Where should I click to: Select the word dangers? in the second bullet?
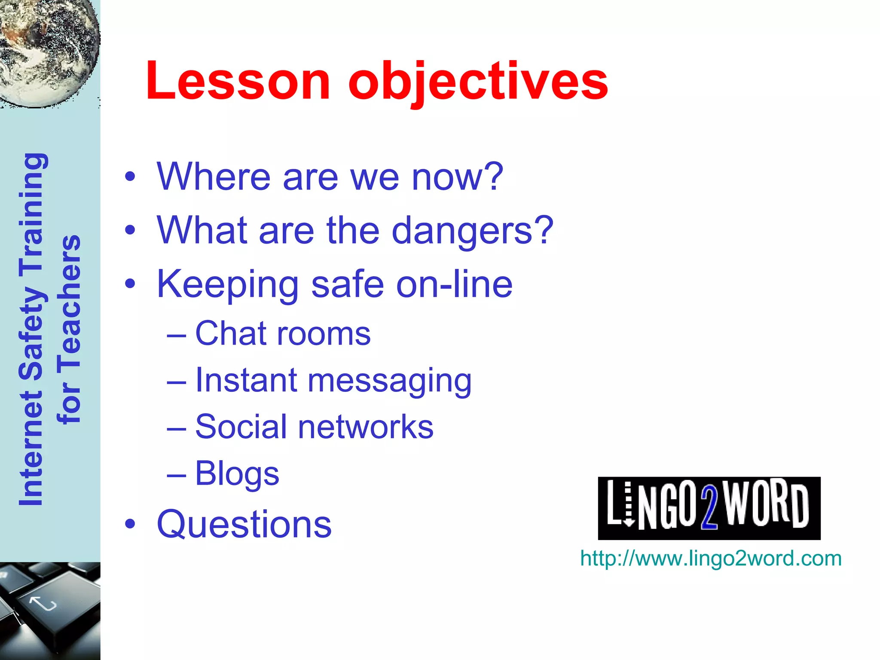pos(472,231)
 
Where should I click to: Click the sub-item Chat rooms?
pos(282,333)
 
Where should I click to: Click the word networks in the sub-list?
pos(366,427)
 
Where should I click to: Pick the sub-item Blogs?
pos(237,474)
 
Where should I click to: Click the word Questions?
pos(244,524)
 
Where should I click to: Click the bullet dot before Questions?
pos(130,524)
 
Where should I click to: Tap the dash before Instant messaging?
pos(176,382)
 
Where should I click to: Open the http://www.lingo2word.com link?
pos(710,559)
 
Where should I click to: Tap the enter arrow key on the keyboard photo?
pos(43,604)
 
